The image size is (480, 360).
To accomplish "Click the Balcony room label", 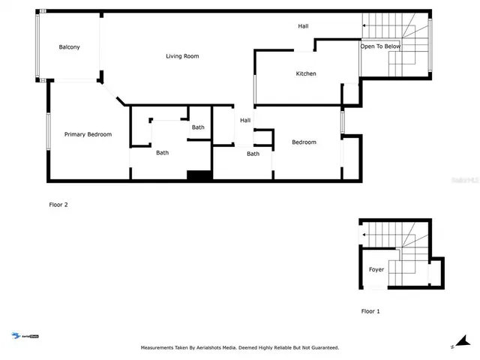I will click(x=70, y=47).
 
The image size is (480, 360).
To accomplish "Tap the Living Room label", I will click(x=182, y=56).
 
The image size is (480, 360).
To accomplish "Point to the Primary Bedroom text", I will click(x=88, y=134).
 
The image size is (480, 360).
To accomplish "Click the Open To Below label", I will click(x=380, y=46).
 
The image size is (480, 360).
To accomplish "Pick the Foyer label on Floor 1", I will click(x=376, y=269).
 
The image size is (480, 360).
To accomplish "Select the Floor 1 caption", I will click(x=371, y=310).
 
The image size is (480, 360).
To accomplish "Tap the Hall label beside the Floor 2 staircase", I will click(x=303, y=26).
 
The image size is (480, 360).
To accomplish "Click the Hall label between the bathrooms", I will click(x=245, y=121).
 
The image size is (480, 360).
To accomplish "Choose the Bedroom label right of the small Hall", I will click(x=304, y=142).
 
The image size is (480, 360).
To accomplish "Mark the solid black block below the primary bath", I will click(x=199, y=175).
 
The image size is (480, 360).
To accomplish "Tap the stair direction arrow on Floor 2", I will click(x=364, y=26).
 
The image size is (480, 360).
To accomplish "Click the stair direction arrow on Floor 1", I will click(x=364, y=235).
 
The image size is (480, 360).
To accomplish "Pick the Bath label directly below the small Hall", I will click(x=253, y=154).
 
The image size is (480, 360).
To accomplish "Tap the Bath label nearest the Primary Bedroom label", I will click(x=163, y=153).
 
